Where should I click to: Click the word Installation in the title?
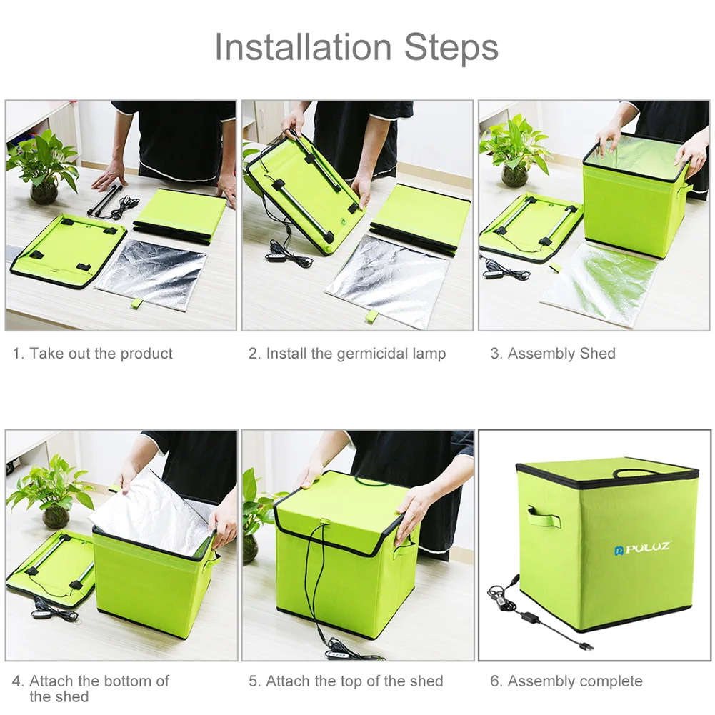[304, 47]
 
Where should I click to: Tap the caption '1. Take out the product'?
[93, 354]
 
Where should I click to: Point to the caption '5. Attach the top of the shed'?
[346, 681]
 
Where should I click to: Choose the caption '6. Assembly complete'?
[566, 681]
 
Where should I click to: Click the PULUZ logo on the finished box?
[641, 549]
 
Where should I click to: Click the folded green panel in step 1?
[180, 213]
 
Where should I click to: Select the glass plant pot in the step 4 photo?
[55, 516]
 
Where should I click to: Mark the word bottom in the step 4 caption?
[122, 681]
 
